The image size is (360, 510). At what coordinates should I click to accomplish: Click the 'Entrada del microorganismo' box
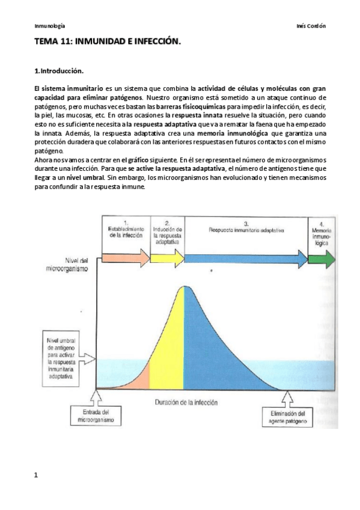(x=97, y=416)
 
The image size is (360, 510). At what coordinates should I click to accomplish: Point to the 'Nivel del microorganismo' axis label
(x=72, y=265)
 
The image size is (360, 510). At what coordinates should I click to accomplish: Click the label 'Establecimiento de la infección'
(x=126, y=230)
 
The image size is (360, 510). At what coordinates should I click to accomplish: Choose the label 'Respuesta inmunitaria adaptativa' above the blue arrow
(x=245, y=230)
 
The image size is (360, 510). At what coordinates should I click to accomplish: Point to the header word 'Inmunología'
(x=50, y=26)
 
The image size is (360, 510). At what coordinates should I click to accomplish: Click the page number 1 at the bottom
(x=37, y=475)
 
